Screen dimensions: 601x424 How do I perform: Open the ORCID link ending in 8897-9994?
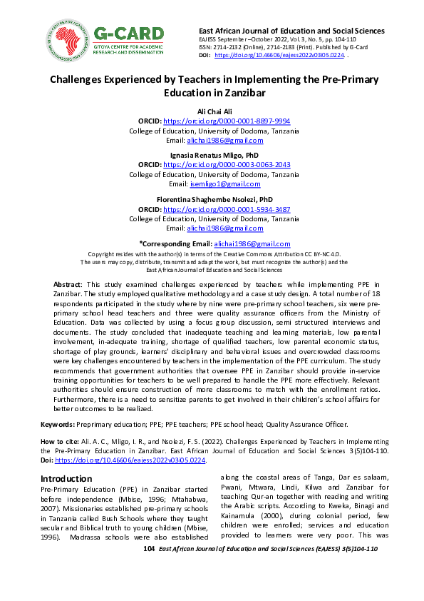point(227,121)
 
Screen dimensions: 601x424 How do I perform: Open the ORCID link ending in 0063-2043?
point(227,164)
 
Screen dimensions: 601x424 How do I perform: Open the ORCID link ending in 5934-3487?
point(227,209)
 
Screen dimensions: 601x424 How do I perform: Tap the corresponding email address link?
point(252,243)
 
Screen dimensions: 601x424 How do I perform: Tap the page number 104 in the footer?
point(149,549)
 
